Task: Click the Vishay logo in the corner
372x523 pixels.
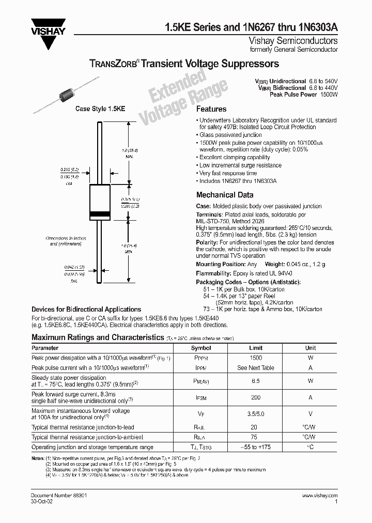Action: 49,30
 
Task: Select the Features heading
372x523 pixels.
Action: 211,110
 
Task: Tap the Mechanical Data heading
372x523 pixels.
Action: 225,195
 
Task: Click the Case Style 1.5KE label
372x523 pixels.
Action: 100,109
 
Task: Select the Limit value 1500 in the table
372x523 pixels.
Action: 256,358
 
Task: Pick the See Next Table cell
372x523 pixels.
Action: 256,368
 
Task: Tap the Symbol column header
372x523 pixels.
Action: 201,348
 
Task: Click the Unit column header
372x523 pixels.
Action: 310,348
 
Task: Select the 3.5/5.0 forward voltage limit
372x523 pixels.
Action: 256,414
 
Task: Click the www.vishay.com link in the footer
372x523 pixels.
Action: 319,495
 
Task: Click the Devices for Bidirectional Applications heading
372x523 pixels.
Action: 79,309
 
